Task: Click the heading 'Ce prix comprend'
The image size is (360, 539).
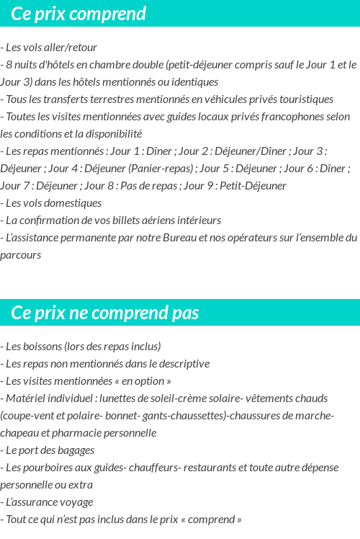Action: coord(78,14)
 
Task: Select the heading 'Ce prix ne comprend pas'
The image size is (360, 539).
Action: coord(105,313)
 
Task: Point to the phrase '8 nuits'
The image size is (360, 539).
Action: coord(22,65)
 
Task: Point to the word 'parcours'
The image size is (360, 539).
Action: coord(21,255)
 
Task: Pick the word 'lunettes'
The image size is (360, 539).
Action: coord(120,398)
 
